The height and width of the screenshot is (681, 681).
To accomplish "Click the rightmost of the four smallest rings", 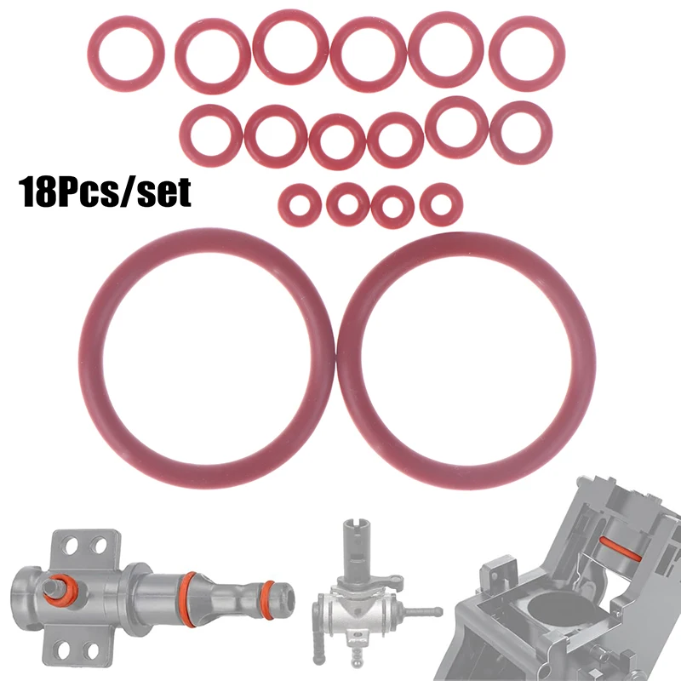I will tap(441, 203).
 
